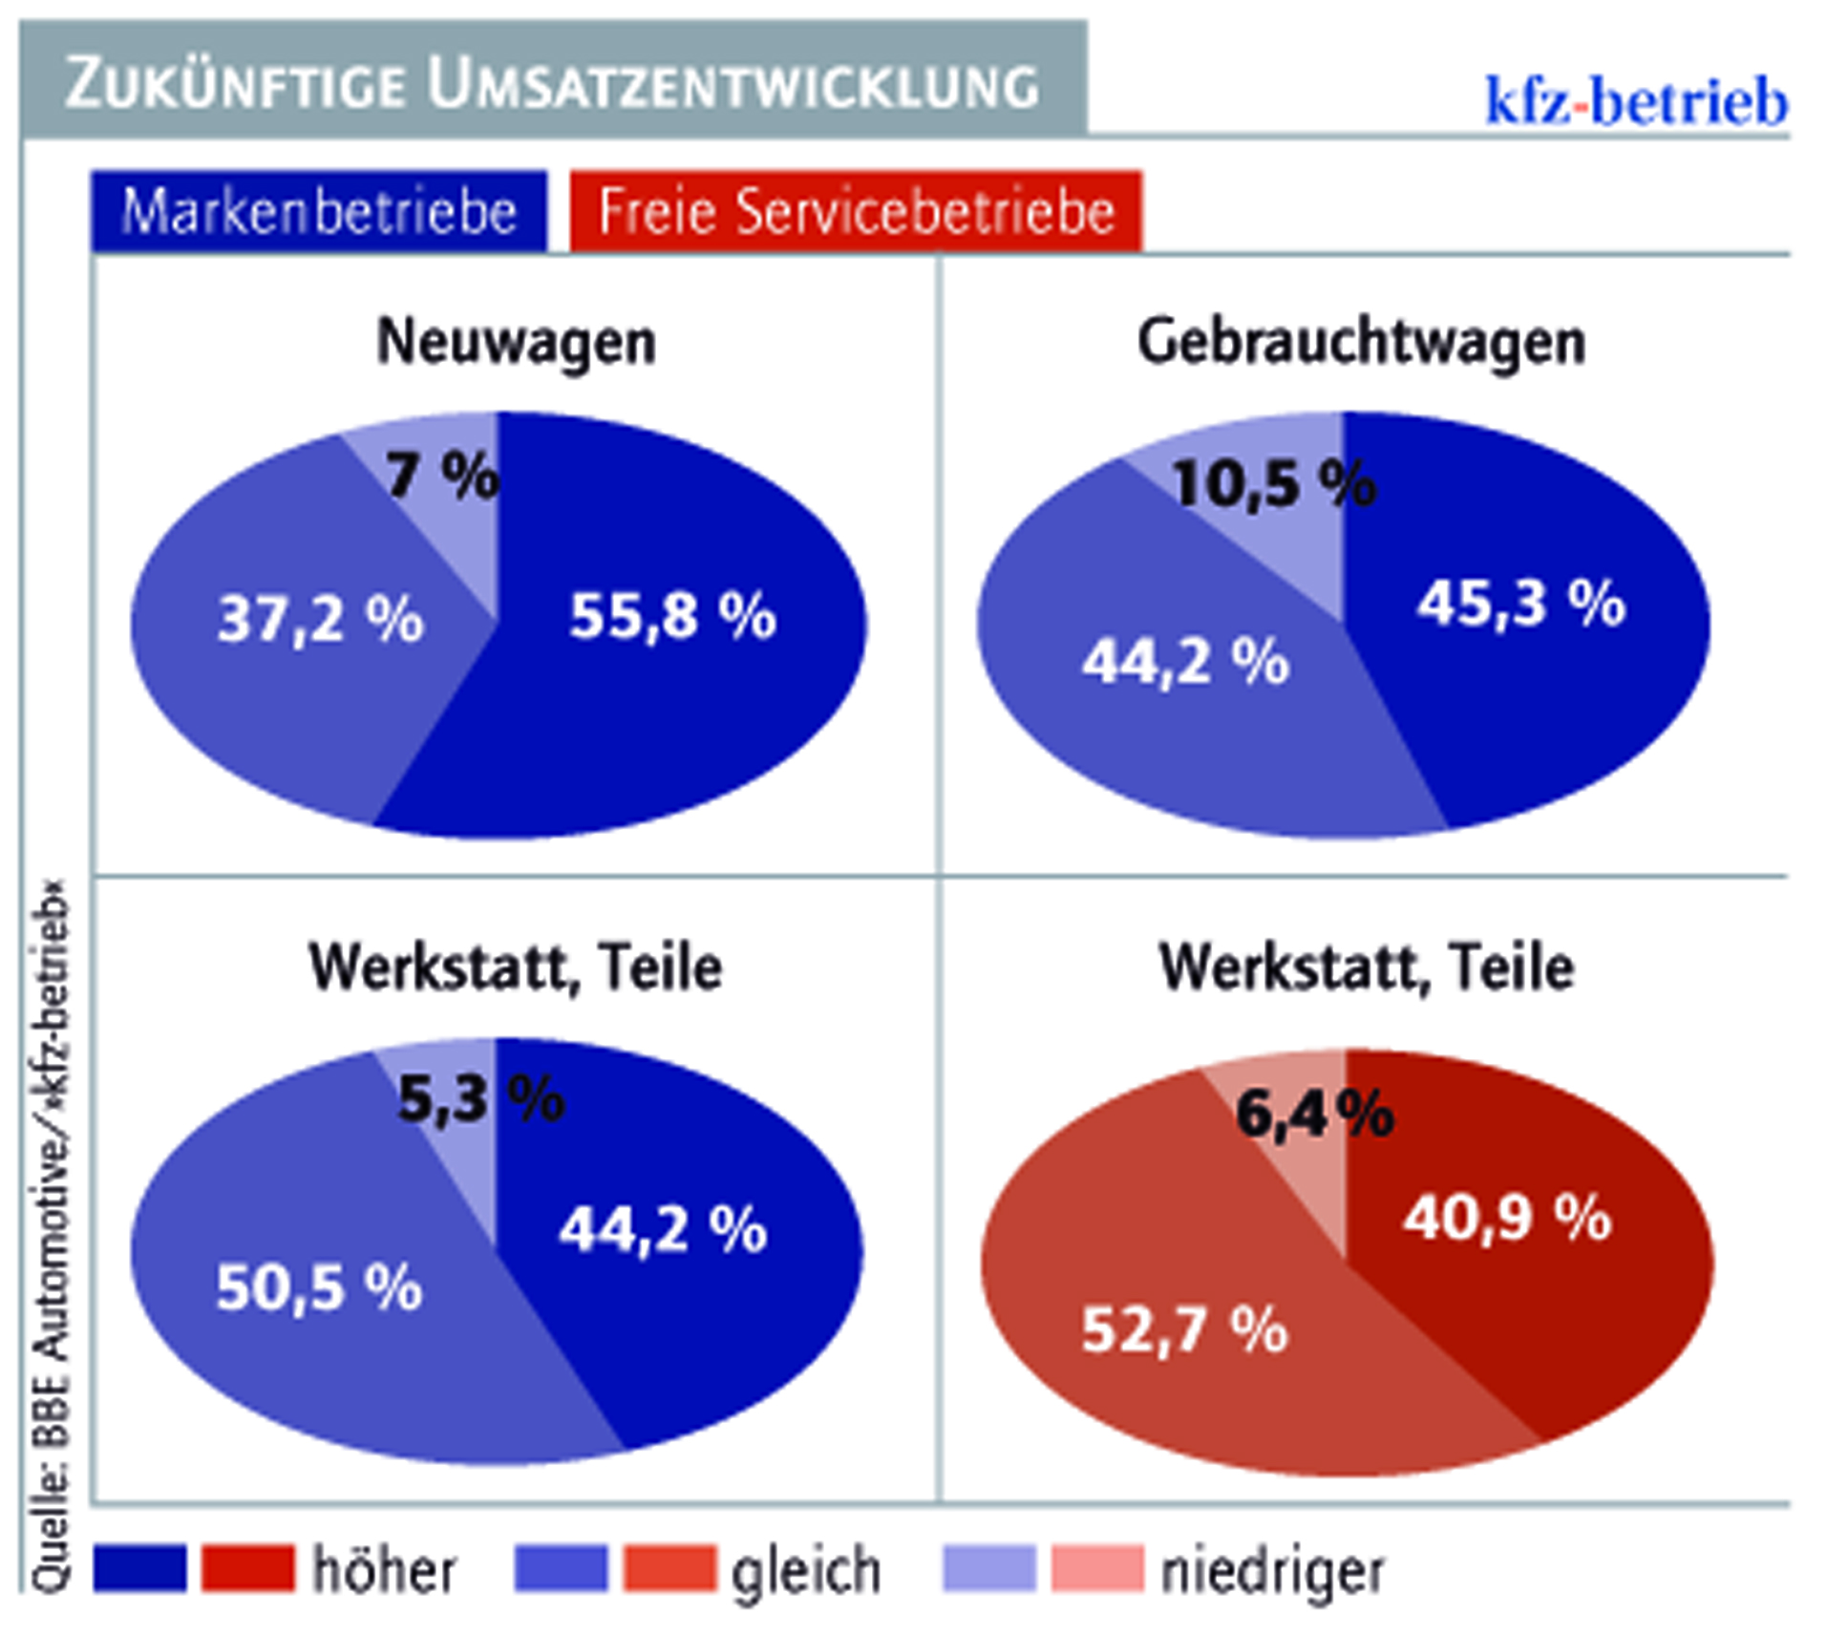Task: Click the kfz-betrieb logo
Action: (1635, 101)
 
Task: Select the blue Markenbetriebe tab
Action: (319, 211)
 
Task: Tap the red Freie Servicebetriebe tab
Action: (856, 211)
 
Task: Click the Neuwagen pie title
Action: (516, 342)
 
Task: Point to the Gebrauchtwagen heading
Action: (1361, 342)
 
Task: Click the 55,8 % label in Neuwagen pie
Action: (672, 616)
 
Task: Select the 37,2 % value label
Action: (320, 620)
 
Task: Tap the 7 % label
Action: (442, 475)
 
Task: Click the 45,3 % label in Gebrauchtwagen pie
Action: (1520, 605)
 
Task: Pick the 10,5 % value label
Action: (1274, 484)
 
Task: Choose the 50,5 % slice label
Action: (319, 1287)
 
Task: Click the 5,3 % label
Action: (480, 1099)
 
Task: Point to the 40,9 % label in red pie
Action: (1507, 1219)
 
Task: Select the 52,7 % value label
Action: (1184, 1329)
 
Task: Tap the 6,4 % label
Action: (1314, 1114)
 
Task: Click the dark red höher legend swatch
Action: (248, 1568)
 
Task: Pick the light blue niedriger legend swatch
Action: (988, 1568)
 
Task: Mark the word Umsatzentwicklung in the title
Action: (733, 86)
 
